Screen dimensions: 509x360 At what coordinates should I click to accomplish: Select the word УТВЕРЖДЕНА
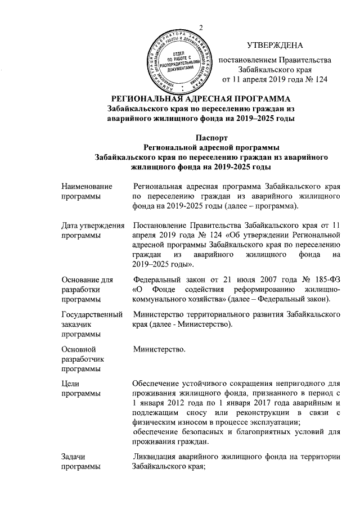click(x=275, y=45)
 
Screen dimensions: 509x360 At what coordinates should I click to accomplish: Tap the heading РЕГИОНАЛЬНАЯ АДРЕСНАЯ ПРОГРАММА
click(x=201, y=99)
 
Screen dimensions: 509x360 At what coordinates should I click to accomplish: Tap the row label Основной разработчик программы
click(x=84, y=359)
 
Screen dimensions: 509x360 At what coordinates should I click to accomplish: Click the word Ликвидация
click(x=155, y=456)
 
